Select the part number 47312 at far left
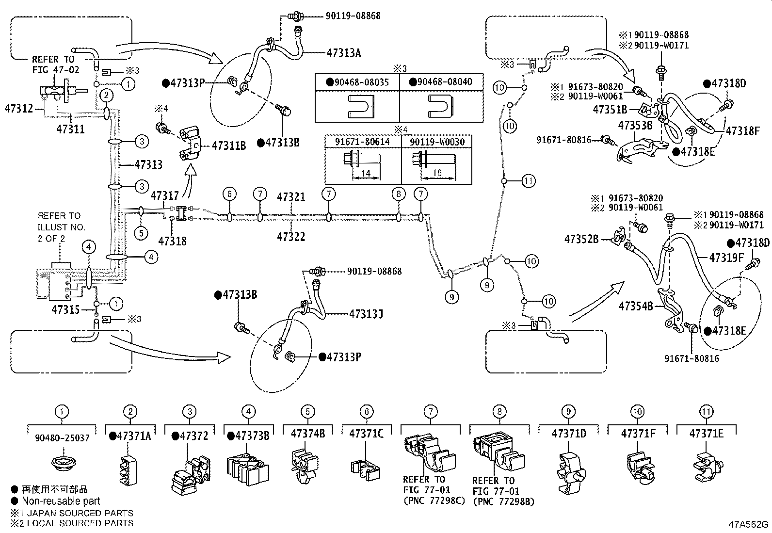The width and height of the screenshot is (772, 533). (x=19, y=108)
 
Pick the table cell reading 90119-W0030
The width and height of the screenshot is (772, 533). (x=437, y=142)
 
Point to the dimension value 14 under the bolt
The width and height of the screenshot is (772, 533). (x=365, y=174)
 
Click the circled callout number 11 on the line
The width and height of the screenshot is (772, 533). (x=529, y=181)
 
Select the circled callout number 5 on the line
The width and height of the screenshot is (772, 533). (x=141, y=233)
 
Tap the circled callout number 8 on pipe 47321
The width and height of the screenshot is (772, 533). (x=398, y=194)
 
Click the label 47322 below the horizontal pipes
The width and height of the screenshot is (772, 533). (x=291, y=237)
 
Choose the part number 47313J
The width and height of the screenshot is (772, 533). (x=366, y=314)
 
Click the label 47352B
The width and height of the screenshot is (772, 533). (x=581, y=239)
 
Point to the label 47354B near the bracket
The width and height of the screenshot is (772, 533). (x=636, y=306)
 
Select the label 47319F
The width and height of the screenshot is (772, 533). (x=726, y=258)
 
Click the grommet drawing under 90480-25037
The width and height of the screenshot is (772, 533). (x=62, y=462)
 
